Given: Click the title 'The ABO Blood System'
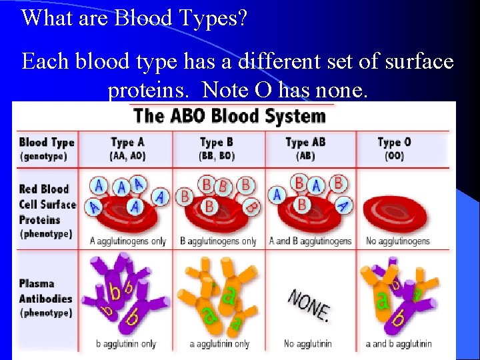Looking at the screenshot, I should [x=229, y=115].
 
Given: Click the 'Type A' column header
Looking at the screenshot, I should [x=127, y=142].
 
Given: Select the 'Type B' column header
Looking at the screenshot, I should [x=217, y=142].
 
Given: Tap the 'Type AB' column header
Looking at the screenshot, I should [x=305, y=142].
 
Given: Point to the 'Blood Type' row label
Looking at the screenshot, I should [x=47, y=142].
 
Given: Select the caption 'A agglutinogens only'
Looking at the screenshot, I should [x=128, y=241].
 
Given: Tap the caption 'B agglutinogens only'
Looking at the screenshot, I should [x=218, y=241].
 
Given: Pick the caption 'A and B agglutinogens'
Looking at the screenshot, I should [x=310, y=241].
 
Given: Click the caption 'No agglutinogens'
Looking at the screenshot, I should [x=398, y=241].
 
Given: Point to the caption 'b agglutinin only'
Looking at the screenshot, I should [x=126, y=344].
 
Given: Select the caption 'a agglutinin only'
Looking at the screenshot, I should [x=219, y=344].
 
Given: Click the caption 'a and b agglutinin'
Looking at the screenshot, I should [x=399, y=344].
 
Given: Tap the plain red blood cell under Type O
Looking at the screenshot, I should [x=399, y=206].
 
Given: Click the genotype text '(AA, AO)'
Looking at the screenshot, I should [x=127, y=156].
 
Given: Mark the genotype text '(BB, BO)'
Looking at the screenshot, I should [x=217, y=156].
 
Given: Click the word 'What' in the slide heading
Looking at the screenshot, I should [x=45, y=17].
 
